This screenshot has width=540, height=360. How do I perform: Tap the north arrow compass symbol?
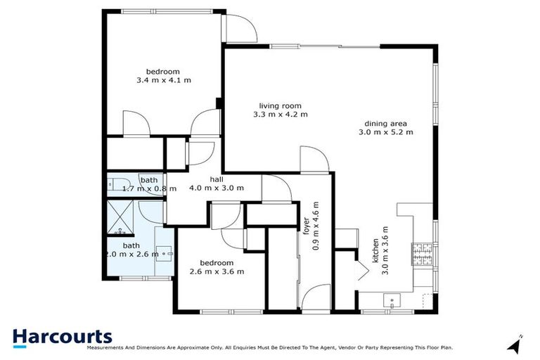[516, 345]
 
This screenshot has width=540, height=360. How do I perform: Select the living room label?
[280, 109]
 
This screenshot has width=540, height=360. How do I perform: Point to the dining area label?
[385, 127]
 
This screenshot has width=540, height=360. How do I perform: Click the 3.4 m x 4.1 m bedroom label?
[163, 76]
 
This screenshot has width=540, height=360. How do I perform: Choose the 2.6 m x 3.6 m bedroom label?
[217, 267]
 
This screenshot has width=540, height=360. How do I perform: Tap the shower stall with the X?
[122, 217]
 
